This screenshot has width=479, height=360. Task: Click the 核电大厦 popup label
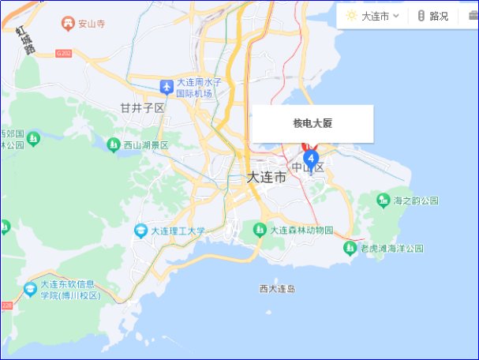click(312, 123)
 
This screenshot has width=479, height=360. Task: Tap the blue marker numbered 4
click(310, 158)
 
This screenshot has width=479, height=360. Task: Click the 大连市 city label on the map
click(266, 178)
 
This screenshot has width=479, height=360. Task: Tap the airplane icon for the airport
click(166, 86)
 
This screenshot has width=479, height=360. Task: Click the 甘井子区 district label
click(142, 107)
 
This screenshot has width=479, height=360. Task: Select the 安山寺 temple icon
click(67, 24)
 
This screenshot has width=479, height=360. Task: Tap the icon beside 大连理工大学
click(140, 231)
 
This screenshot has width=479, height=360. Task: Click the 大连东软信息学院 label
click(69, 290)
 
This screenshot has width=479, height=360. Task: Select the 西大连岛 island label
click(277, 289)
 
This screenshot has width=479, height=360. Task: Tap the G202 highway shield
click(64, 54)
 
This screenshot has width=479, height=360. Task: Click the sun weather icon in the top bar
click(351, 16)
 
